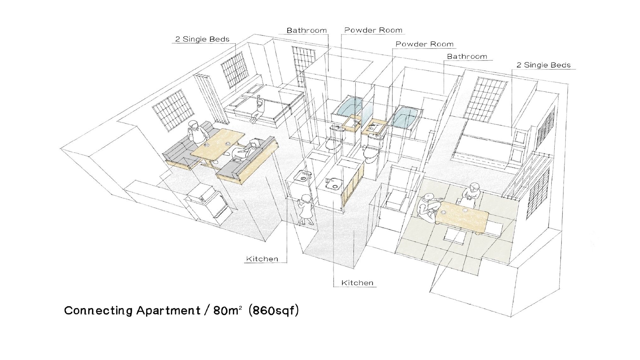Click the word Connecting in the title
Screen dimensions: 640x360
tap(98, 311)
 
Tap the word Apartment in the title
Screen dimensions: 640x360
tap(168, 311)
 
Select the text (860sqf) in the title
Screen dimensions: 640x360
tap(273, 311)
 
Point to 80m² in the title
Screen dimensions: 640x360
tap(227, 311)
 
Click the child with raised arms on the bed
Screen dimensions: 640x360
tap(259, 109)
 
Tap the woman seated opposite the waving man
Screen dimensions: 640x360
tap(246, 151)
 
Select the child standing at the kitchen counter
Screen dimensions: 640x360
tap(305, 210)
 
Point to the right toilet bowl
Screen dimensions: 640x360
tap(372, 153)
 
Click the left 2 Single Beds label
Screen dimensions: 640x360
tap(202, 39)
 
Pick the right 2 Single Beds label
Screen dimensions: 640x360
tap(544, 65)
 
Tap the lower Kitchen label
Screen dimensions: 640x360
tap(357, 283)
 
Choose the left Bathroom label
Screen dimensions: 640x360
tap(306, 30)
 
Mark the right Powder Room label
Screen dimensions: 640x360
tap(424, 44)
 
